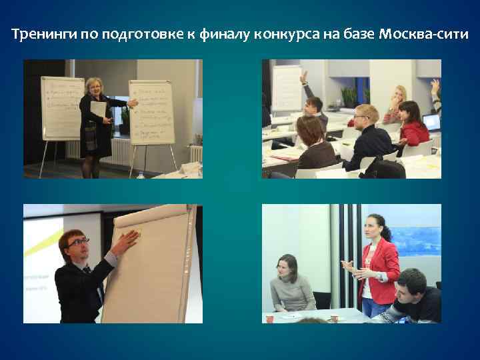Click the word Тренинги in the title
[45, 34]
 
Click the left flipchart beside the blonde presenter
[61, 107]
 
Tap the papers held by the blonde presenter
[99, 110]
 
